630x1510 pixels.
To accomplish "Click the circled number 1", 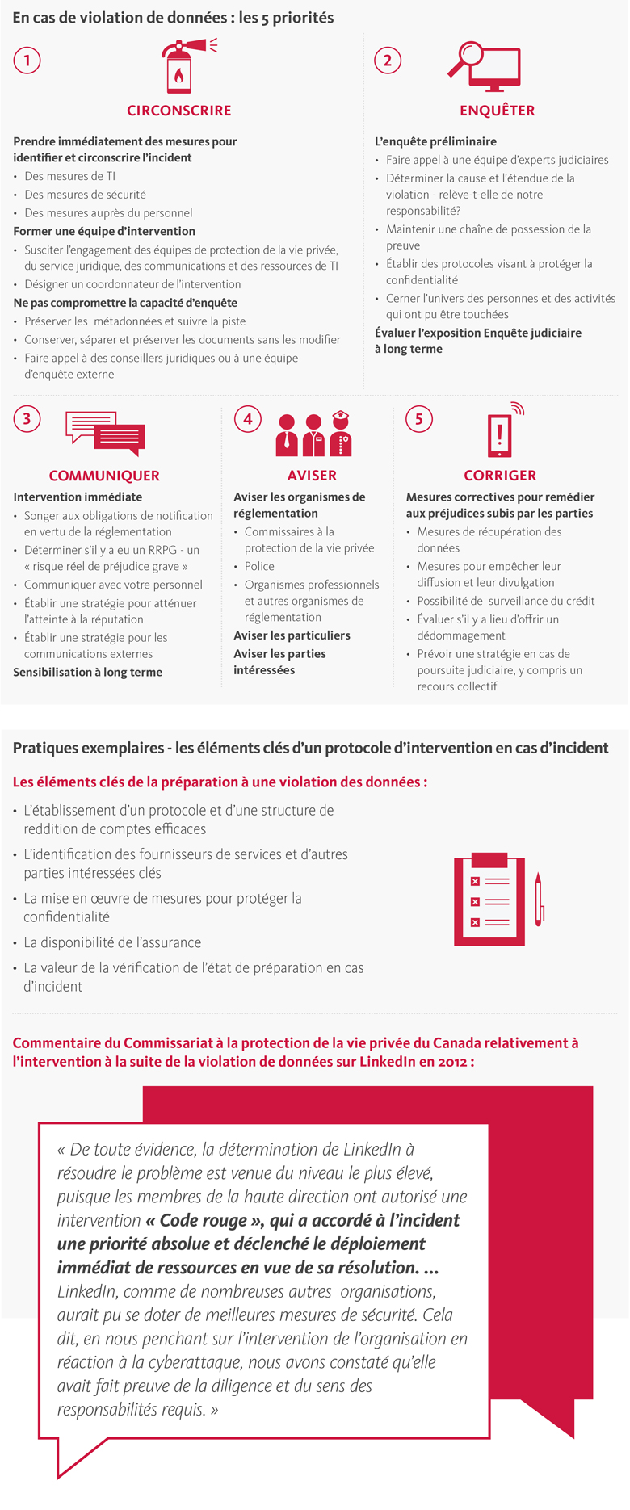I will (27, 61).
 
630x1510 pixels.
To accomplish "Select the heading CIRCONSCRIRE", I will (179, 111).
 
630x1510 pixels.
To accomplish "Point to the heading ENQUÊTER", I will (497, 111).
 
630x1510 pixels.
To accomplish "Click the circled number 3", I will (27, 418).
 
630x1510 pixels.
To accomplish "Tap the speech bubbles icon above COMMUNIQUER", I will (105, 434).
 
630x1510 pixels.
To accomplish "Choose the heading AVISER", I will (312, 476).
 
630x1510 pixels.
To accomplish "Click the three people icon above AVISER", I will (313, 434).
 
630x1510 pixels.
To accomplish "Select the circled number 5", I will (418, 418).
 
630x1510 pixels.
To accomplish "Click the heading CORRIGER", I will (500, 476).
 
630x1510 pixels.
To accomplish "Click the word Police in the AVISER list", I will (259, 567).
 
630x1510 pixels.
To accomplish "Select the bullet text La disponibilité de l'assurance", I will (112, 942).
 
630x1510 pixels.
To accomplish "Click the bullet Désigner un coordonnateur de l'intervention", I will (132, 284).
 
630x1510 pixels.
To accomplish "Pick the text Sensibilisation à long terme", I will (88, 673).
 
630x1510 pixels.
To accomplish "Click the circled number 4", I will (247, 418).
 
